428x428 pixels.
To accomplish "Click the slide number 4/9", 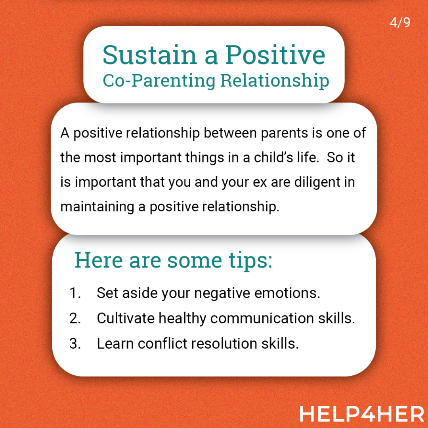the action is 400,22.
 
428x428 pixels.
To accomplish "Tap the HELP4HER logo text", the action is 362,414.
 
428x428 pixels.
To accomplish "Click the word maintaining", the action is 97,207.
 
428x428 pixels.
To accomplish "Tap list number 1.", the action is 75,293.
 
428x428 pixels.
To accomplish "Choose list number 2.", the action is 75,318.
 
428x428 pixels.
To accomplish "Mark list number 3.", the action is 75,344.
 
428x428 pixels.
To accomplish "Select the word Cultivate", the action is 126,318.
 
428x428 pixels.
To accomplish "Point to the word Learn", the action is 115,344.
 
